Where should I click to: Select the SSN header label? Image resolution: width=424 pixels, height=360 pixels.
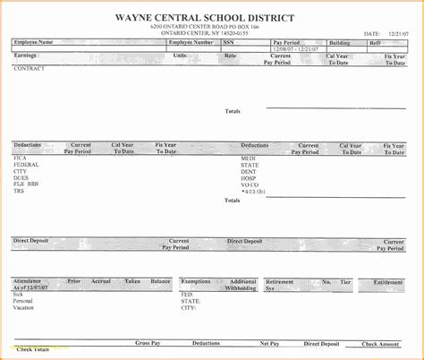pos(228,42)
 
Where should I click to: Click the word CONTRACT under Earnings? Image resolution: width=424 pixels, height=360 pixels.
pos(30,68)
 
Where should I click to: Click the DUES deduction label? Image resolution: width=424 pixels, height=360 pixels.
pos(21,177)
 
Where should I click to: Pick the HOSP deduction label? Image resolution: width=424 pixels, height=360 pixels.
pos(249,177)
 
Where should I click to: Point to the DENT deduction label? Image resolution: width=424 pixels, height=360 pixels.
pos(249,171)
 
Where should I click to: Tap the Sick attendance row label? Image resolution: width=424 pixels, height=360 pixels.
pos(18,293)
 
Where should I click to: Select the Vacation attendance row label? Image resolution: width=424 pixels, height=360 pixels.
pos(24,306)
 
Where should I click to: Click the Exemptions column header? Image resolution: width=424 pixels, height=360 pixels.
pos(198,281)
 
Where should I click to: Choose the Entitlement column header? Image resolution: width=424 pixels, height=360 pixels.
pos(388,281)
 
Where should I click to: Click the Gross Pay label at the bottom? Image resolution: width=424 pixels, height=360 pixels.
pos(148,343)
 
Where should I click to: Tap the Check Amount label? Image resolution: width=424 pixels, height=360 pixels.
pos(381,343)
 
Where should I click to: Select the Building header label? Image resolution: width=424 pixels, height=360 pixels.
pos(340,42)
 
